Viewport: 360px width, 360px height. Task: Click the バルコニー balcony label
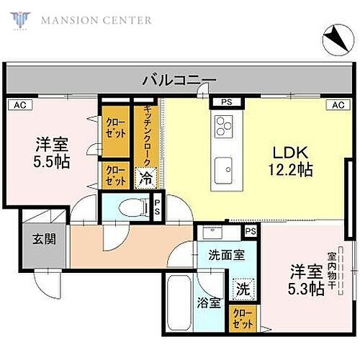coord(178,79)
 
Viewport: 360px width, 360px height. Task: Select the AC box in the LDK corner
coord(336,105)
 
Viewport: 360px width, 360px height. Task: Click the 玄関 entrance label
coord(39,238)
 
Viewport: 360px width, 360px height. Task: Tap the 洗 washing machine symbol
coord(243,289)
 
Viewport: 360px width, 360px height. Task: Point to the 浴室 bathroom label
coord(210,303)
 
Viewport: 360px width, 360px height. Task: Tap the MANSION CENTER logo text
coord(95,19)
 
